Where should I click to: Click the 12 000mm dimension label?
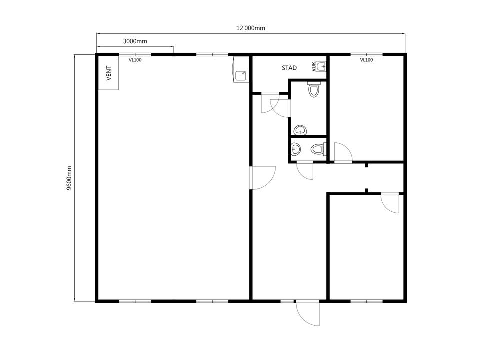click(x=250, y=28)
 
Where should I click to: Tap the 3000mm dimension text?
click(x=135, y=41)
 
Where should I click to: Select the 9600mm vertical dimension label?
click(x=69, y=178)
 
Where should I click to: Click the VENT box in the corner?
click(x=108, y=73)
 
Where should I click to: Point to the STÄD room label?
click(x=289, y=68)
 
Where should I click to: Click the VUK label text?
click(x=314, y=66)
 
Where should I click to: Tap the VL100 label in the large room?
click(x=135, y=60)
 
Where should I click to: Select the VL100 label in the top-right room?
click(x=366, y=60)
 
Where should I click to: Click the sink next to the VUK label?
click(x=321, y=66)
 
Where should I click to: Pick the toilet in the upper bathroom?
click(x=314, y=89)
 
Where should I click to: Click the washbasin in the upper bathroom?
click(x=300, y=130)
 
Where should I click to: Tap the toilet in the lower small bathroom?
click(x=318, y=149)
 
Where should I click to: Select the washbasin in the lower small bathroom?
click(x=295, y=149)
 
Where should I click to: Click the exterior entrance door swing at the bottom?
click(x=308, y=313)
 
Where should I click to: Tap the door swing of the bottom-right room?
click(x=390, y=203)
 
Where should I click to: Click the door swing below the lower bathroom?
click(x=305, y=171)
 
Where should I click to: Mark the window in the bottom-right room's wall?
click(x=366, y=301)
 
